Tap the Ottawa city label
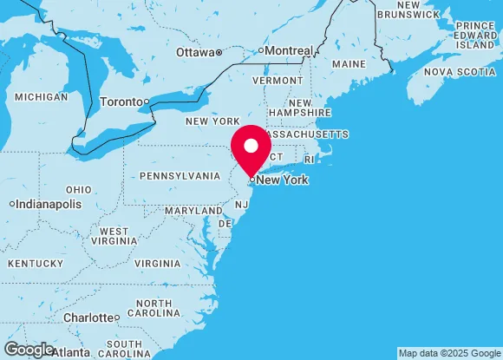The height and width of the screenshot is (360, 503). coord(194,52)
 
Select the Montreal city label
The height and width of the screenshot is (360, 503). coord(288,51)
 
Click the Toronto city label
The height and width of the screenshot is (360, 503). coord(121,101)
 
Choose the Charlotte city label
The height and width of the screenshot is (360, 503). coord(88,317)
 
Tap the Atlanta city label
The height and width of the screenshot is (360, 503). coord(70,353)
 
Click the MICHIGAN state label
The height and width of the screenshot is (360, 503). coord(41,96)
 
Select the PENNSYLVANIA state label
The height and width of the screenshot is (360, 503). coord(180,175)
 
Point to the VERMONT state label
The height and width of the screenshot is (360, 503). coord(278,80)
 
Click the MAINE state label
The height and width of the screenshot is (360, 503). coord(349,64)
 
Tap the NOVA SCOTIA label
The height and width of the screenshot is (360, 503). coord(460,71)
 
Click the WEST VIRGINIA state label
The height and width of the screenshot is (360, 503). coord(114,237)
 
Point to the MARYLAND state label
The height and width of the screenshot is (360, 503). coord(193,211)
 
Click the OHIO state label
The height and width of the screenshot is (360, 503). coord(78,189)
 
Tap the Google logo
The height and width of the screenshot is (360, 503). coord(29,349)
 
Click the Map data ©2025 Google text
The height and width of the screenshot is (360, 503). coord(448,354)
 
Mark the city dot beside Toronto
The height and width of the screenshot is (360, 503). coord(147,102)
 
